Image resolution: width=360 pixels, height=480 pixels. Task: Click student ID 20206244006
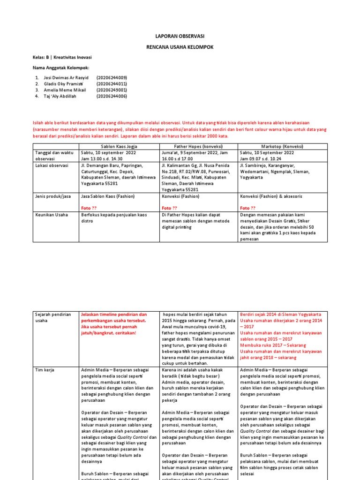point(112,96)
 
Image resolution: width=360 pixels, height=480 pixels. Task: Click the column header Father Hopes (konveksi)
point(199,146)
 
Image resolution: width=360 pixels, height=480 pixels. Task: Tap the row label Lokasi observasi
point(52,165)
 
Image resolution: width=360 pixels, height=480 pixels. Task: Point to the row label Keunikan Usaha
point(51,215)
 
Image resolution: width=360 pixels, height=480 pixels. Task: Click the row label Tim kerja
point(45,370)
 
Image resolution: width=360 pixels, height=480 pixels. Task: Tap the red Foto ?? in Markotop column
point(247,208)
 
